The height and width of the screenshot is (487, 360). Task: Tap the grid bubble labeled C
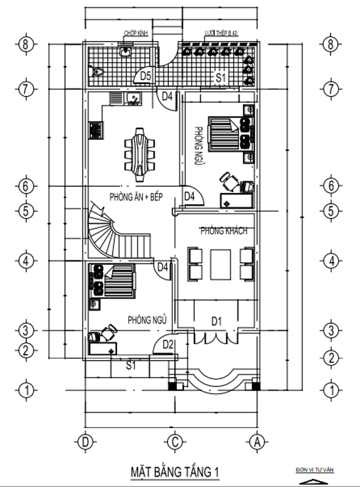(175, 441)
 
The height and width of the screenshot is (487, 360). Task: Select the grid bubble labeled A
(258, 441)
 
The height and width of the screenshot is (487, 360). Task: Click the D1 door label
(217, 321)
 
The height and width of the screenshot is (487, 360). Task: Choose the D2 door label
(168, 345)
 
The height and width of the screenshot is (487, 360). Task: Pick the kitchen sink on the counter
(134, 99)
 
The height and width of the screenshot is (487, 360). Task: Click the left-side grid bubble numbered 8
(26, 45)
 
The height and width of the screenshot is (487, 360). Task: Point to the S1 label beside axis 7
(221, 79)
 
